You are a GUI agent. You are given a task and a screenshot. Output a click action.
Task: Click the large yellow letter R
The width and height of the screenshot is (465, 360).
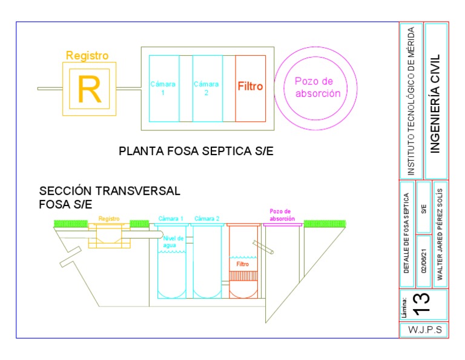click(x=89, y=88)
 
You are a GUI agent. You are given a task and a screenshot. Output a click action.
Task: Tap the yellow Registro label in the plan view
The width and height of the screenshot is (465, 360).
click(x=87, y=56)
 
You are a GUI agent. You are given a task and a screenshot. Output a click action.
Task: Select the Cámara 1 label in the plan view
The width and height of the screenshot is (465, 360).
click(x=162, y=88)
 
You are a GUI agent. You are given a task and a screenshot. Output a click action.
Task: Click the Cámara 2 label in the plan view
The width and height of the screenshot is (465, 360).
click(x=206, y=88)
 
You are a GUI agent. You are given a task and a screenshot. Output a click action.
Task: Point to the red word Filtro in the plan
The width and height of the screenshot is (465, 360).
click(x=250, y=87)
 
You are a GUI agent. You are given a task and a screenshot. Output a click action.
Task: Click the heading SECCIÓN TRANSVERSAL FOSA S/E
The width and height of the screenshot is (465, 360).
click(x=110, y=197)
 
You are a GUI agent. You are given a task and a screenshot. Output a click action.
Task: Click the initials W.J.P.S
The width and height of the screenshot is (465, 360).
click(x=423, y=330)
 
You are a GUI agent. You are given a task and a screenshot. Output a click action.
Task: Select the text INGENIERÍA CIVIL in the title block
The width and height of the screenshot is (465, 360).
click(x=435, y=104)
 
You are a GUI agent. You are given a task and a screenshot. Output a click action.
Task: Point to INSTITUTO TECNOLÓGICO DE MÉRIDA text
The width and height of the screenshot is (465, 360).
click(x=411, y=101)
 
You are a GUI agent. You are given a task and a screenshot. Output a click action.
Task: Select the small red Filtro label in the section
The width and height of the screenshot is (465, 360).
click(x=243, y=264)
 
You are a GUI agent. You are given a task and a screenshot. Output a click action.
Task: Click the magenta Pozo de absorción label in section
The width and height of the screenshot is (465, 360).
click(x=282, y=215)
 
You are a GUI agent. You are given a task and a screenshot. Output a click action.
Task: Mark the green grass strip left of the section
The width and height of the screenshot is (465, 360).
click(x=71, y=224)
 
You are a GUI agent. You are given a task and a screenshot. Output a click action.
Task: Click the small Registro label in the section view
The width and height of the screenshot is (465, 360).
click(x=109, y=219)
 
